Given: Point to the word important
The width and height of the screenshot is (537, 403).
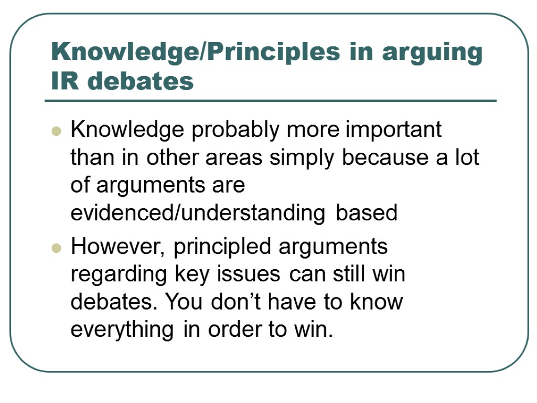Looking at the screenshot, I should point(393,130).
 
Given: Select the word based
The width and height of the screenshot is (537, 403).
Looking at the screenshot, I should point(367,213).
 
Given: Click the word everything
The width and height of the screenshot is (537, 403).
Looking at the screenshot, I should point(122,330).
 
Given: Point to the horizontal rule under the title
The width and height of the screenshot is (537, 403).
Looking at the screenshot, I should point(271,101).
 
